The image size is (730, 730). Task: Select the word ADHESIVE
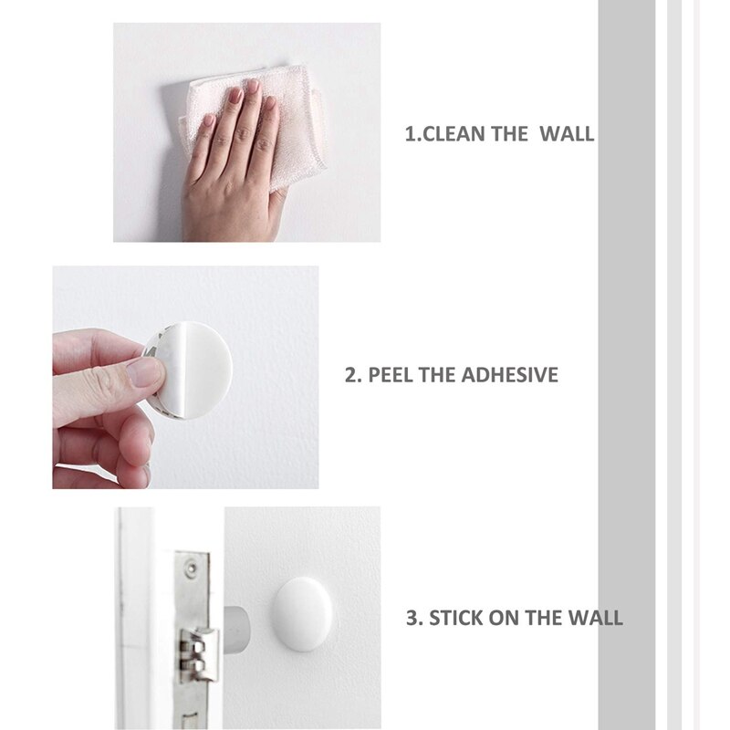[x=512, y=375]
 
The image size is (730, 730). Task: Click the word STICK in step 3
[x=461, y=618]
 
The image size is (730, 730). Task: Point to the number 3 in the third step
[x=412, y=618]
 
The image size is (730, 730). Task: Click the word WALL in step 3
[x=597, y=618]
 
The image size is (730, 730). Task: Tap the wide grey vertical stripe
[x=627, y=365]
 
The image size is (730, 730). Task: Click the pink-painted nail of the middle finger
[x=235, y=94]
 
